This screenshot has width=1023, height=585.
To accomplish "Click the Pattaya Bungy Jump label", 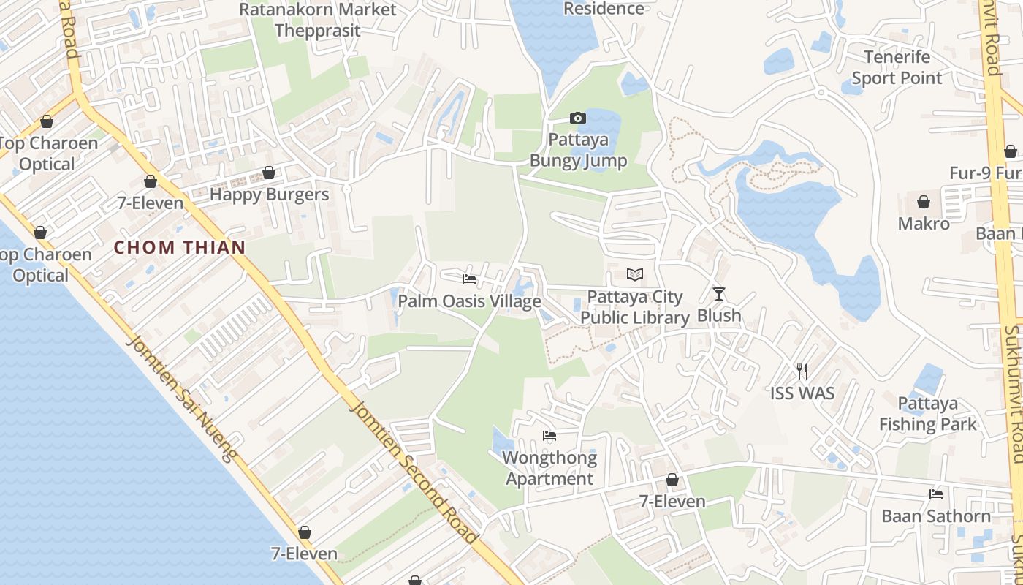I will pyautogui.click(x=578, y=150).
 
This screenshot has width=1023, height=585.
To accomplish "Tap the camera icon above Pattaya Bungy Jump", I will pyautogui.click(x=577, y=118).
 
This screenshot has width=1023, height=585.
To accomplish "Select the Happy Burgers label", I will pyautogui.click(x=269, y=195).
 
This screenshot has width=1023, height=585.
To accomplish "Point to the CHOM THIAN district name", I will pyautogui.click(x=180, y=247).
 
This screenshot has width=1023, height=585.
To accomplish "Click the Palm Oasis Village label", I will pyautogui.click(x=469, y=301).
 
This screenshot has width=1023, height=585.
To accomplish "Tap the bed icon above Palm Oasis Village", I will pyautogui.click(x=469, y=279).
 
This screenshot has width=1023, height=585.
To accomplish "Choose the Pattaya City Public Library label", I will pyautogui.click(x=635, y=307).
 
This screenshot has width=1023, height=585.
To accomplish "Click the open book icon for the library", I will pyautogui.click(x=635, y=275).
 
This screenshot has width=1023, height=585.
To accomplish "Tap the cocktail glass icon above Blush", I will pyautogui.click(x=719, y=294).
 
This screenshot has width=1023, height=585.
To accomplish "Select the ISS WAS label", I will pyautogui.click(x=802, y=393).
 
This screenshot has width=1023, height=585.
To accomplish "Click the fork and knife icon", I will pyautogui.click(x=802, y=371).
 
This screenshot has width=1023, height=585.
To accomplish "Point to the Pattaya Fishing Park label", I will pyautogui.click(x=928, y=414).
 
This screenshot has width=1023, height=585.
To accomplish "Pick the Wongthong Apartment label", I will pyautogui.click(x=549, y=469).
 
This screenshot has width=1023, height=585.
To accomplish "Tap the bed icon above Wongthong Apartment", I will pyautogui.click(x=549, y=437).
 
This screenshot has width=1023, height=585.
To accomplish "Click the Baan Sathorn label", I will pyautogui.click(x=936, y=516).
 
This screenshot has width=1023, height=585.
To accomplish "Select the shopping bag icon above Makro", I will pyautogui.click(x=924, y=202).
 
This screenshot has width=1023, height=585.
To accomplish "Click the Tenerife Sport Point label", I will pyautogui.click(x=897, y=67).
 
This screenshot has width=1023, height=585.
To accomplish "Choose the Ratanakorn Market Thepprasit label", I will pyautogui.click(x=318, y=20).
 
